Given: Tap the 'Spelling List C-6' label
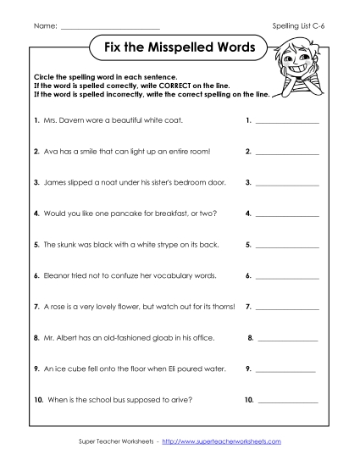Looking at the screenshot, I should (302, 27).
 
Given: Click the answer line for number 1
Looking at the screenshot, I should (287, 123).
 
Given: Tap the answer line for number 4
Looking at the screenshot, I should (287, 216).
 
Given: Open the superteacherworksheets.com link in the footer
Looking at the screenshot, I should (221, 441).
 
